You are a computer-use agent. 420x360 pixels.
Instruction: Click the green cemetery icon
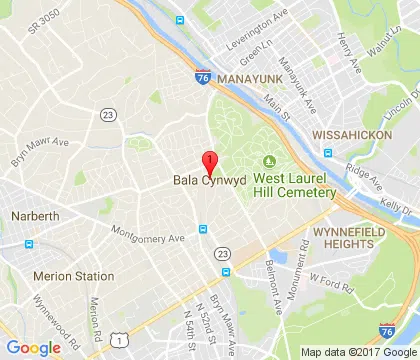coord(268,162)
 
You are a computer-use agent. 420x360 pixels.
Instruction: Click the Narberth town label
coord(35,215)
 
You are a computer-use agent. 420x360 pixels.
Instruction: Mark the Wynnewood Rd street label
coord(42,313)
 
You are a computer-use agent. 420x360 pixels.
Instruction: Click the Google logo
coord(33,347)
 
